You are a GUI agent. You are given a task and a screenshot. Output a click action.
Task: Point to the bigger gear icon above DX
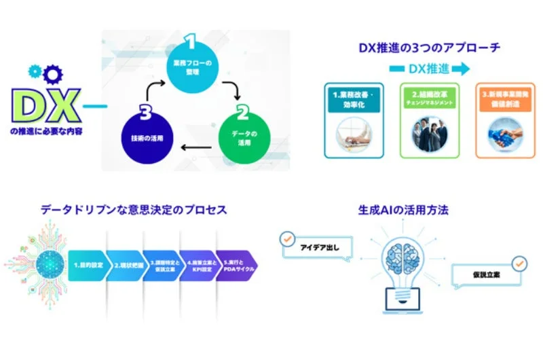tap(54, 74)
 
